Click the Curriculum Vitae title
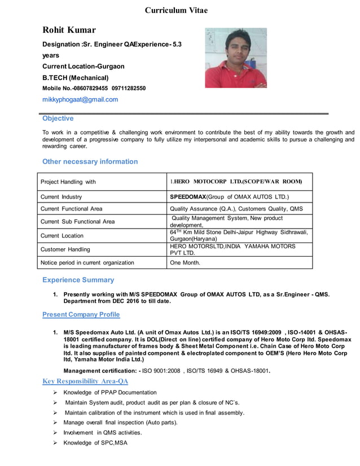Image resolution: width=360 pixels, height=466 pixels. pos(176,10)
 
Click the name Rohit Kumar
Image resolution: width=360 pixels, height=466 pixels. pos(69,30)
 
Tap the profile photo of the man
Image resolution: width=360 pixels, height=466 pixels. pos(235,58)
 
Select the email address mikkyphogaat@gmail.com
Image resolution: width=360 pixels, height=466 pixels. pos(80,99)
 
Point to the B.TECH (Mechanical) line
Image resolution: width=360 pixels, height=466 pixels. pos(76,77)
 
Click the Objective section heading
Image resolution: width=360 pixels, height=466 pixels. pos(58,118)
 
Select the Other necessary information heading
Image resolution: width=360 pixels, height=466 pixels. pos(90,161)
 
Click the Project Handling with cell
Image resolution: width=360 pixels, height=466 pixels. pos(68,182)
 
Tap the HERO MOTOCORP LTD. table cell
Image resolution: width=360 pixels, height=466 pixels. pos(236,182)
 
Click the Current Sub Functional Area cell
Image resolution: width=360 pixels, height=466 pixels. pos(77,221)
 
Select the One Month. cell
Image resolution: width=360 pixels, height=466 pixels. pos(185,262)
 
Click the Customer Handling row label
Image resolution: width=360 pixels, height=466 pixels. pos(65,249)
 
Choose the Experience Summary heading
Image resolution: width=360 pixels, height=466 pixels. pos(78,280)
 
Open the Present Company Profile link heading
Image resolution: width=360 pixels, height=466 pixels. pos(81,314)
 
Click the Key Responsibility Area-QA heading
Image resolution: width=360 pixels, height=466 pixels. pos(86,381)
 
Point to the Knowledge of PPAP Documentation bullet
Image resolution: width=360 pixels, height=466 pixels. pos(110,392)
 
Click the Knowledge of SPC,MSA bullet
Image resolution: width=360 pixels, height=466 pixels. pos(95,443)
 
